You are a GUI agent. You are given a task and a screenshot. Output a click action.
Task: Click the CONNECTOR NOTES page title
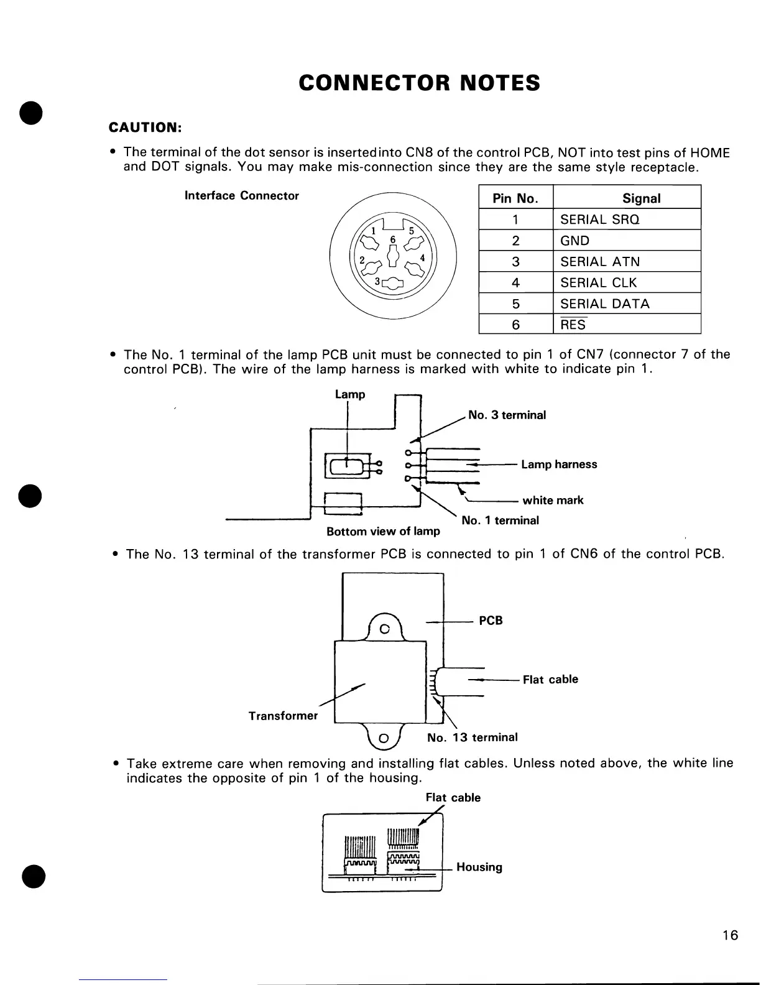pyautogui.click(x=419, y=83)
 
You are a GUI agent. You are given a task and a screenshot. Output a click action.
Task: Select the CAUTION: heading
pyautogui.click(x=145, y=127)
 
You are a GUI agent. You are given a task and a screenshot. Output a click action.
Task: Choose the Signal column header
pyautogui.click(x=641, y=198)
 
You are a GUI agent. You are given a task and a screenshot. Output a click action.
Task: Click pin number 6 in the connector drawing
pyautogui.click(x=392, y=239)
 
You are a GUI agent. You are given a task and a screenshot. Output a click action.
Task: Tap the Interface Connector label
pyautogui.click(x=242, y=196)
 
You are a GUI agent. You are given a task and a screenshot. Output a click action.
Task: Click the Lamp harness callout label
pyautogui.click(x=559, y=465)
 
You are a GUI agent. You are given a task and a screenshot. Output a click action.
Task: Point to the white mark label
pyautogui.click(x=553, y=501)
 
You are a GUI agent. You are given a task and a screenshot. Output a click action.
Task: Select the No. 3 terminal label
pyautogui.click(x=507, y=415)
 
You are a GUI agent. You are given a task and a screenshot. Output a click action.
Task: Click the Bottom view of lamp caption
pyautogui.click(x=383, y=532)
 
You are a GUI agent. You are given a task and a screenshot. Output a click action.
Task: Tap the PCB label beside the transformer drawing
pyautogui.click(x=491, y=621)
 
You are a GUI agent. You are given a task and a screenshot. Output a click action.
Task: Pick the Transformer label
pyautogui.click(x=283, y=716)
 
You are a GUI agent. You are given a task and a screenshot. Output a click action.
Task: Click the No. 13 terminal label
pyautogui.click(x=472, y=738)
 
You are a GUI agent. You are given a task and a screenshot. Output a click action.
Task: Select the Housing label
pyautogui.click(x=479, y=867)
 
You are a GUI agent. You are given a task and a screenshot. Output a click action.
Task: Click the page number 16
pyautogui.click(x=731, y=935)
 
